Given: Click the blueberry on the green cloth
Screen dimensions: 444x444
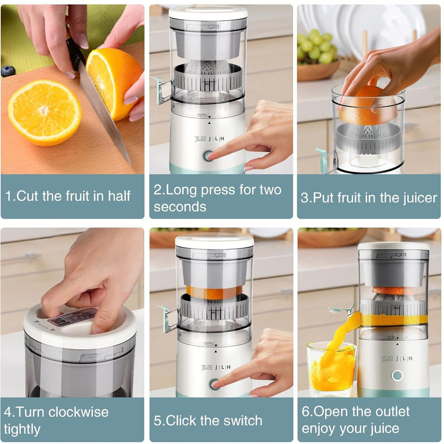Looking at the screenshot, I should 8,71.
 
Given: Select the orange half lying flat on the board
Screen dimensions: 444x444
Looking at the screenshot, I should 44,112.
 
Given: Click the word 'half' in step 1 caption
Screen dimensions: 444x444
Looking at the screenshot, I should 119,196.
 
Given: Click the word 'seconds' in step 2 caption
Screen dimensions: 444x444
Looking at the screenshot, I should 180,206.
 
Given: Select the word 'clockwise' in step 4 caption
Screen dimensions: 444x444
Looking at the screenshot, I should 79,412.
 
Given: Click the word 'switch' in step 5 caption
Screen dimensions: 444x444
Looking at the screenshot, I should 243,421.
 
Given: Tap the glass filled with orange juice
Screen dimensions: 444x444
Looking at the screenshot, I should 331,370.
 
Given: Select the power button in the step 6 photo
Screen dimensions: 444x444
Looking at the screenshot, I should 397,375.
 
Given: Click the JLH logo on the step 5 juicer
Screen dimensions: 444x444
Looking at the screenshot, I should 215,367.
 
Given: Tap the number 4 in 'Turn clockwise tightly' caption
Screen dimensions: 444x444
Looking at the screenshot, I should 8,412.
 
